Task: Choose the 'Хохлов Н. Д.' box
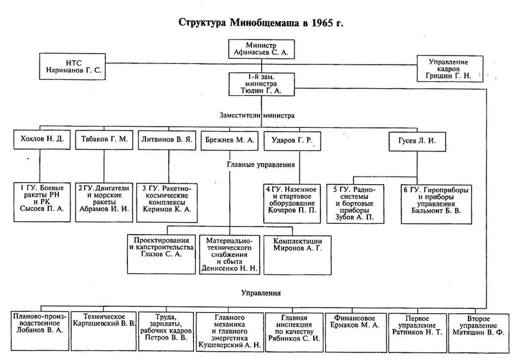pyautogui.click(x=40, y=139)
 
